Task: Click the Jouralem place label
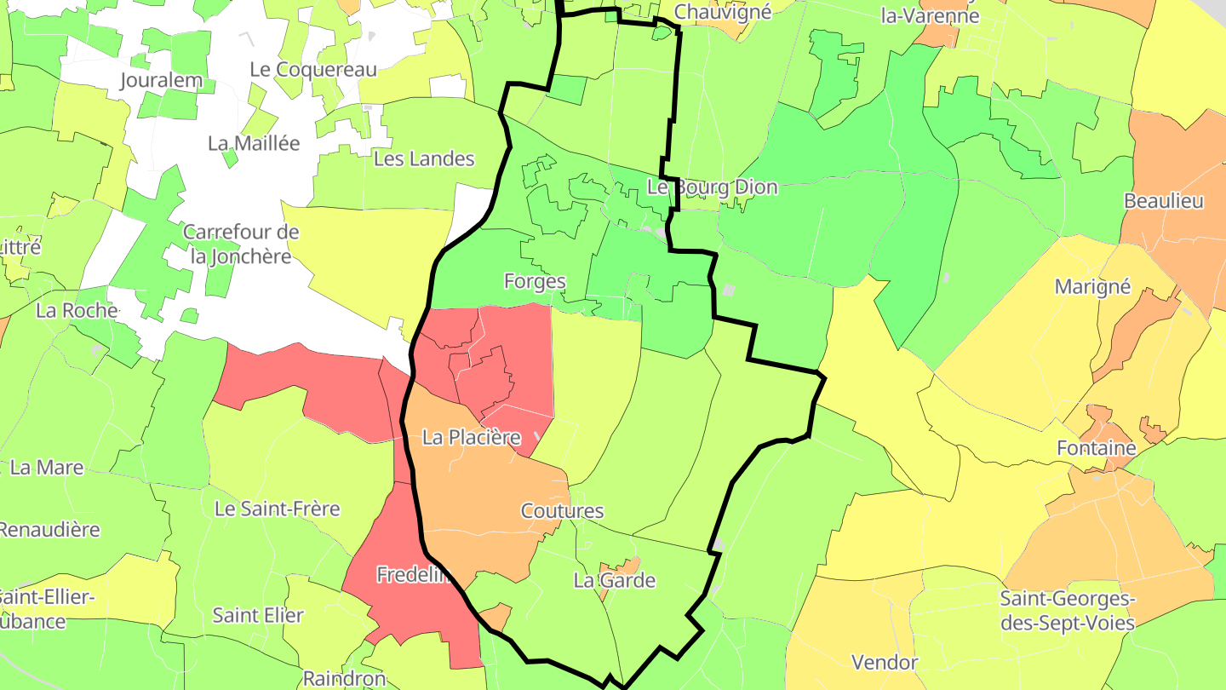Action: point(162,81)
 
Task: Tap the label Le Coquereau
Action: point(313,70)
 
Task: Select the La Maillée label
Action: point(254,143)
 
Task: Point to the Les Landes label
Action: point(424,158)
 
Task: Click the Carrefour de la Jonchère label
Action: point(241,244)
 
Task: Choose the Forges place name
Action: point(535,281)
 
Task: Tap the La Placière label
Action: point(471,438)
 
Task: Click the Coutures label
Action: point(562,511)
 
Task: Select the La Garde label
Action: point(615,581)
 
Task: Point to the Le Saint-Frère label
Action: point(277,509)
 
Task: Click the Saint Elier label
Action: point(258,615)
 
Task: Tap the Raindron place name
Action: point(344,679)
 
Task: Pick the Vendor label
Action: point(885,662)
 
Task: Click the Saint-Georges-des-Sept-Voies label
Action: point(1068,612)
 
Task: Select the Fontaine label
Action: point(1097,448)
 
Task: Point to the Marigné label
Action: point(1092,286)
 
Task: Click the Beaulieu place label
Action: point(1164,202)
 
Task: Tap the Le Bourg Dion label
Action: point(713,187)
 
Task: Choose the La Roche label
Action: point(77,310)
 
